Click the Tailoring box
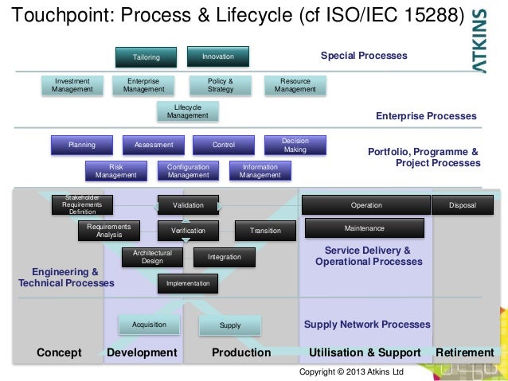click(146, 57)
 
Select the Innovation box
click(217, 56)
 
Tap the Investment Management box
click(72, 85)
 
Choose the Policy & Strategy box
click(221, 85)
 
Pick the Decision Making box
click(295, 145)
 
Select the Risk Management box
click(116, 171)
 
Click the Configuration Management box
click(188, 171)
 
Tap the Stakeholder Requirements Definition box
click(82, 204)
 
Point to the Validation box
click(188, 205)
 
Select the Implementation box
click(188, 283)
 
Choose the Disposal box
click(462, 205)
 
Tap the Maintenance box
click(364, 228)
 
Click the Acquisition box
click(149, 325)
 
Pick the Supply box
click(229, 325)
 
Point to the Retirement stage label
click(464, 352)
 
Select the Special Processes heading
click(363, 56)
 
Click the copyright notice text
click(351, 371)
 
